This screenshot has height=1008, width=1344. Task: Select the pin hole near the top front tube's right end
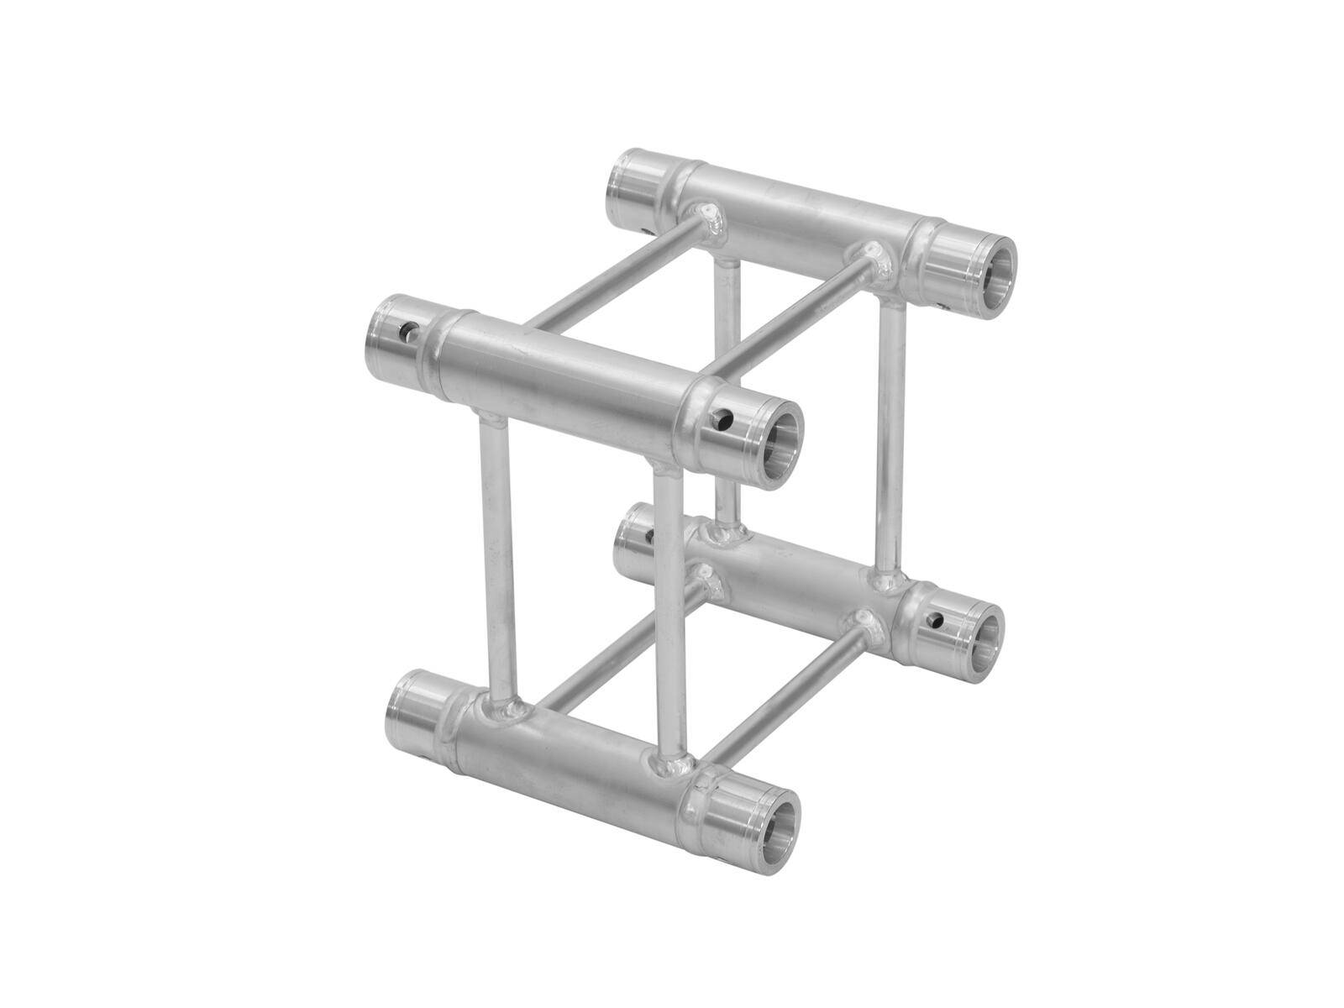(x=720, y=420)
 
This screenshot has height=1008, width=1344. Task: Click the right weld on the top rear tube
(x=878, y=257)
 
